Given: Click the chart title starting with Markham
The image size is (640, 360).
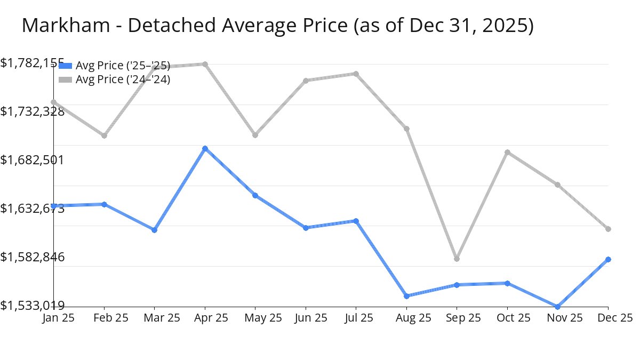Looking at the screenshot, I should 277,26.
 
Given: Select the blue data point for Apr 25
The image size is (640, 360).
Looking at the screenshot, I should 205,148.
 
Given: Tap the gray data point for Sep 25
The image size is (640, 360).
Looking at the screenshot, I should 457,259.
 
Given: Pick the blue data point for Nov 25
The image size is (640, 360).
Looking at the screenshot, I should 558,307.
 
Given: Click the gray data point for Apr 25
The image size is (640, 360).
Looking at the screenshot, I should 205,64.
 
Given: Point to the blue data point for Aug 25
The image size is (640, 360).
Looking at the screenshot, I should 406,296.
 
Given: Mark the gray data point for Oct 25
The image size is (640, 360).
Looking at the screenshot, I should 507,152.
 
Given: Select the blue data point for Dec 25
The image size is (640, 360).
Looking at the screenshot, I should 608,259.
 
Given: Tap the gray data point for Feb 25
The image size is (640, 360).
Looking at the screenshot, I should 104,135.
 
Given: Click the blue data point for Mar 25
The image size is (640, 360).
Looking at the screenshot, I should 154,230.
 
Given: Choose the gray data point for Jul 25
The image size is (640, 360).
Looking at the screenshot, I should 356,74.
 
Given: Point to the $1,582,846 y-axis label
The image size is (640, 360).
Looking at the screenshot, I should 33,257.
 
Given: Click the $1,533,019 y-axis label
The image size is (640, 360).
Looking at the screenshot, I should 33,305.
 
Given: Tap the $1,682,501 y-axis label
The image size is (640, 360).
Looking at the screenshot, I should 33,160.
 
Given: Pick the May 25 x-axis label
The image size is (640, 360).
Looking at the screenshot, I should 255,318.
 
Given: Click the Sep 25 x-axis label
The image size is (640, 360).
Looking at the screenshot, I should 457,318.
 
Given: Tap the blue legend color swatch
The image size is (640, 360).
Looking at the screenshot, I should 65,66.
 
